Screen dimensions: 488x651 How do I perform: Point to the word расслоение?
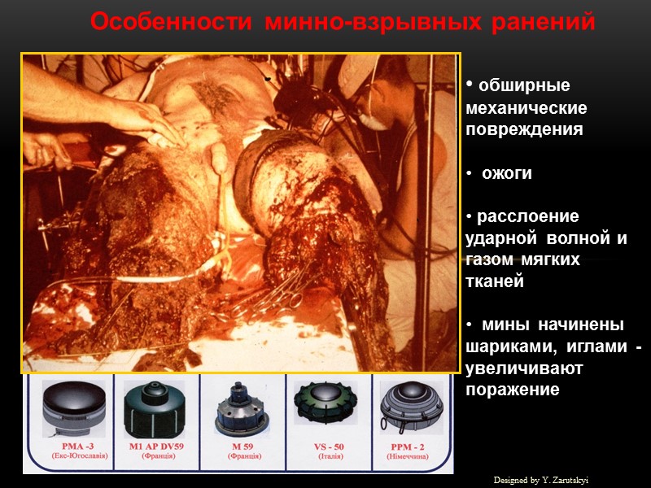point(528,217)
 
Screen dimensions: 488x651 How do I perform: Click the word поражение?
point(513,390)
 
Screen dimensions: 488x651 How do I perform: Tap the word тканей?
point(495,281)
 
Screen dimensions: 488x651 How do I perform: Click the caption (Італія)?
point(330,457)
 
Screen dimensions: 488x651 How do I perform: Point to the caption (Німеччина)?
point(412,457)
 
